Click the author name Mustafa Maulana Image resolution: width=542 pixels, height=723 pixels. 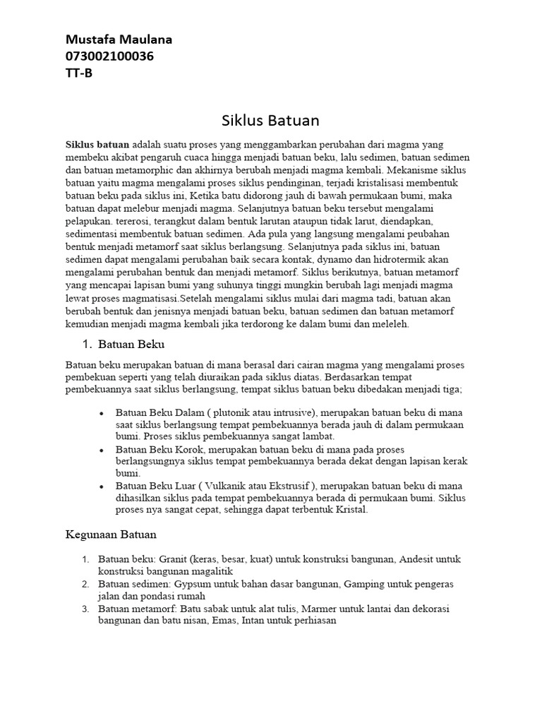[118, 40]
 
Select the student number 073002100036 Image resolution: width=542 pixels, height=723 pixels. [109, 56]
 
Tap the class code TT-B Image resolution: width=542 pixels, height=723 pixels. [78, 72]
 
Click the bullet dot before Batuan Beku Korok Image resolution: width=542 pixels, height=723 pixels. [102, 449]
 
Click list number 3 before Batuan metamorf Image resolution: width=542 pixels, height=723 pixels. [85, 609]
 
